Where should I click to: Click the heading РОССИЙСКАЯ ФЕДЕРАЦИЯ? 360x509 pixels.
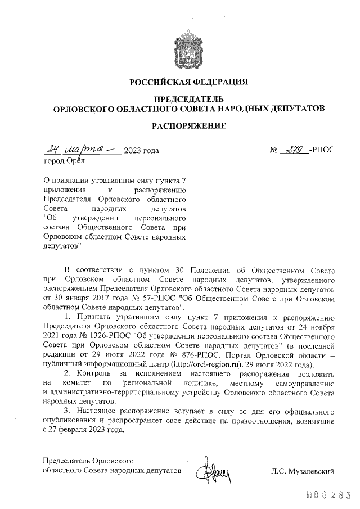[189, 82]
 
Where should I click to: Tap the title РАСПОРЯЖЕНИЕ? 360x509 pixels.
[189, 126]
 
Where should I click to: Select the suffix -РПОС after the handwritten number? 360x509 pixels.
[322, 150]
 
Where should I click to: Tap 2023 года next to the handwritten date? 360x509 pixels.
[141, 150]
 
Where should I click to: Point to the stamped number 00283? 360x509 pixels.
[326, 494]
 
